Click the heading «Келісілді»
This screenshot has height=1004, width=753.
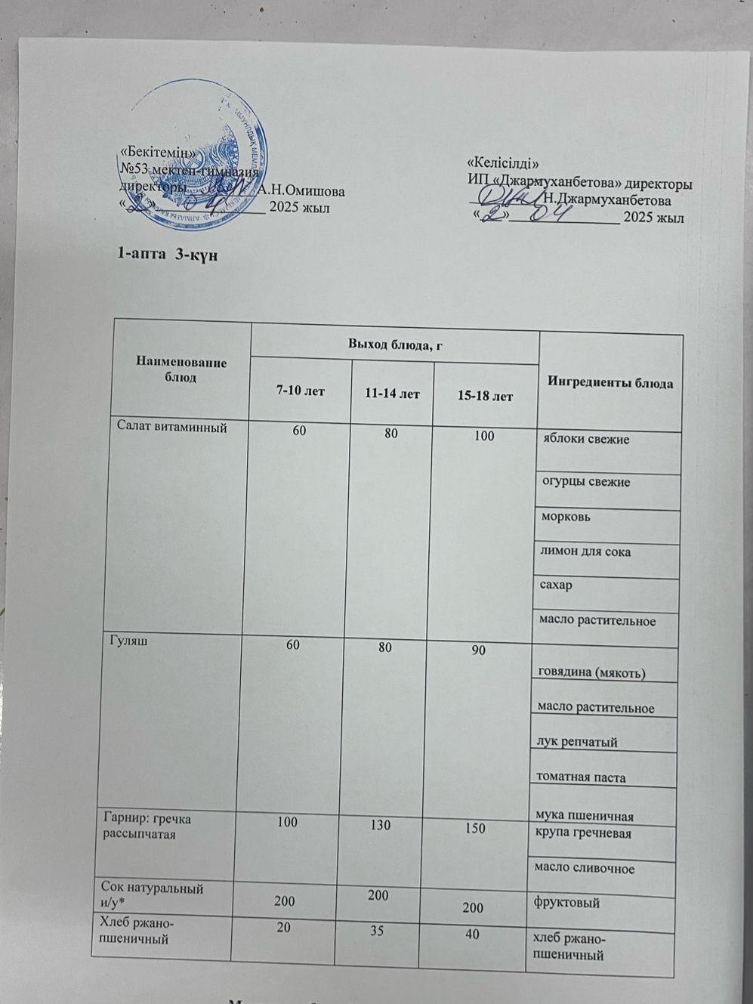click(504, 162)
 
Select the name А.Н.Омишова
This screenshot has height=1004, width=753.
click(301, 190)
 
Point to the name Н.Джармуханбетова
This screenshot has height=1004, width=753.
click(607, 200)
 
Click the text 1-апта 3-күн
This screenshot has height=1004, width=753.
click(167, 255)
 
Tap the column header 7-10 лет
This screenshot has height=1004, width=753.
click(300, 391)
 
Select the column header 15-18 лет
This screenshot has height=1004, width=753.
click(485, 395)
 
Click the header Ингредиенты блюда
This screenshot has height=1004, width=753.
click(609, 383)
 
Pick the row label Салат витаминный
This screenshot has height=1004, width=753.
click(171, 425)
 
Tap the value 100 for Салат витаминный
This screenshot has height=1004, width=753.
click(483, 436)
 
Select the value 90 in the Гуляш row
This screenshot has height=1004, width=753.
click(479, 649)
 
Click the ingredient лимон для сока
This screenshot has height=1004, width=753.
click(585, 551)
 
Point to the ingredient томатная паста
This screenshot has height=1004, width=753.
click(580, 777)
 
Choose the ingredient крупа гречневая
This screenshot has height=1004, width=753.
click(582, 833)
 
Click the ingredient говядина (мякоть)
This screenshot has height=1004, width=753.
click(591, 672)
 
